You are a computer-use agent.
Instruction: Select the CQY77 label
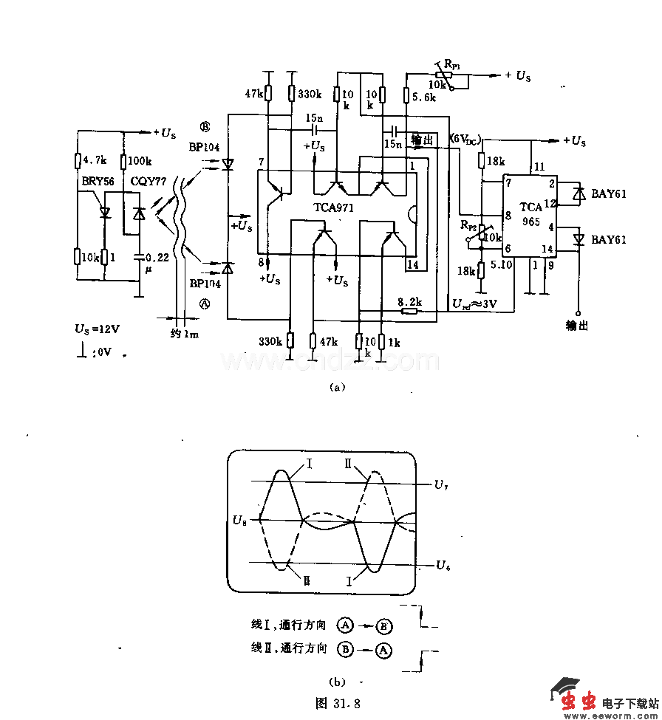point(148,179)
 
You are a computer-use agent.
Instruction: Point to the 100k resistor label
point(140,160)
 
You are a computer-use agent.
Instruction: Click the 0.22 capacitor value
point(157,257)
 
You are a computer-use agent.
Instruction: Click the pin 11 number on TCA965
point(538,167)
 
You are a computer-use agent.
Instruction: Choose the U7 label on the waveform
point(441,485)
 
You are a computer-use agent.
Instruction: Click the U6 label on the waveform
point(443,565)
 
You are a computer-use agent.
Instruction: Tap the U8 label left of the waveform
point(239,521)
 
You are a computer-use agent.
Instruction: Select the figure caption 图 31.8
point(337,701)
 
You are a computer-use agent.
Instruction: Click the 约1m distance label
point(184,335)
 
